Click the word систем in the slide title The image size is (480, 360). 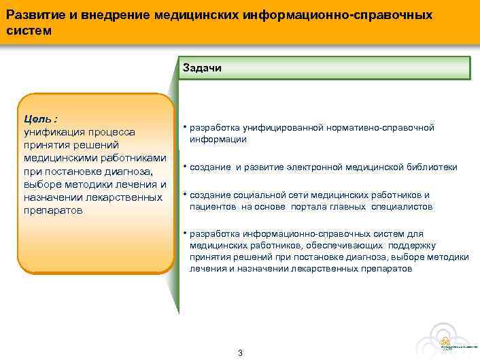28,31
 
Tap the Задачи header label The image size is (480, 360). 201,68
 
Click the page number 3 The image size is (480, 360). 240,353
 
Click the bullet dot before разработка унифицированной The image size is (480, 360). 184,127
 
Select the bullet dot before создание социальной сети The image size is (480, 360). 184,195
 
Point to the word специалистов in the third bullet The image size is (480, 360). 402,206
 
